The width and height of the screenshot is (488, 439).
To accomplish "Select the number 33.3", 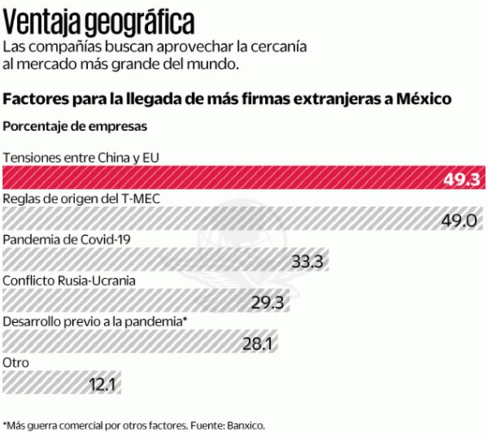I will coord(307,261).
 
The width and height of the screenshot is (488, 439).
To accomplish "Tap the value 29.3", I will coord(267,302).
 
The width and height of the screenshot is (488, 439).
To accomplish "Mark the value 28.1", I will coord(258,343).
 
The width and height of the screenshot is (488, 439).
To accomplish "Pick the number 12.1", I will coord(102,384).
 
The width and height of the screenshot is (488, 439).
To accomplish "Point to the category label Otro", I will coord(16,363).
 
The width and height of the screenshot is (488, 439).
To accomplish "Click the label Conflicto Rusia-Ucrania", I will coord(69,280).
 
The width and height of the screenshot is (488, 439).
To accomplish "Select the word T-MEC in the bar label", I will coord(140,198).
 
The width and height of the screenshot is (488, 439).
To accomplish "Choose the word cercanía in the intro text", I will coord(279,48).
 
